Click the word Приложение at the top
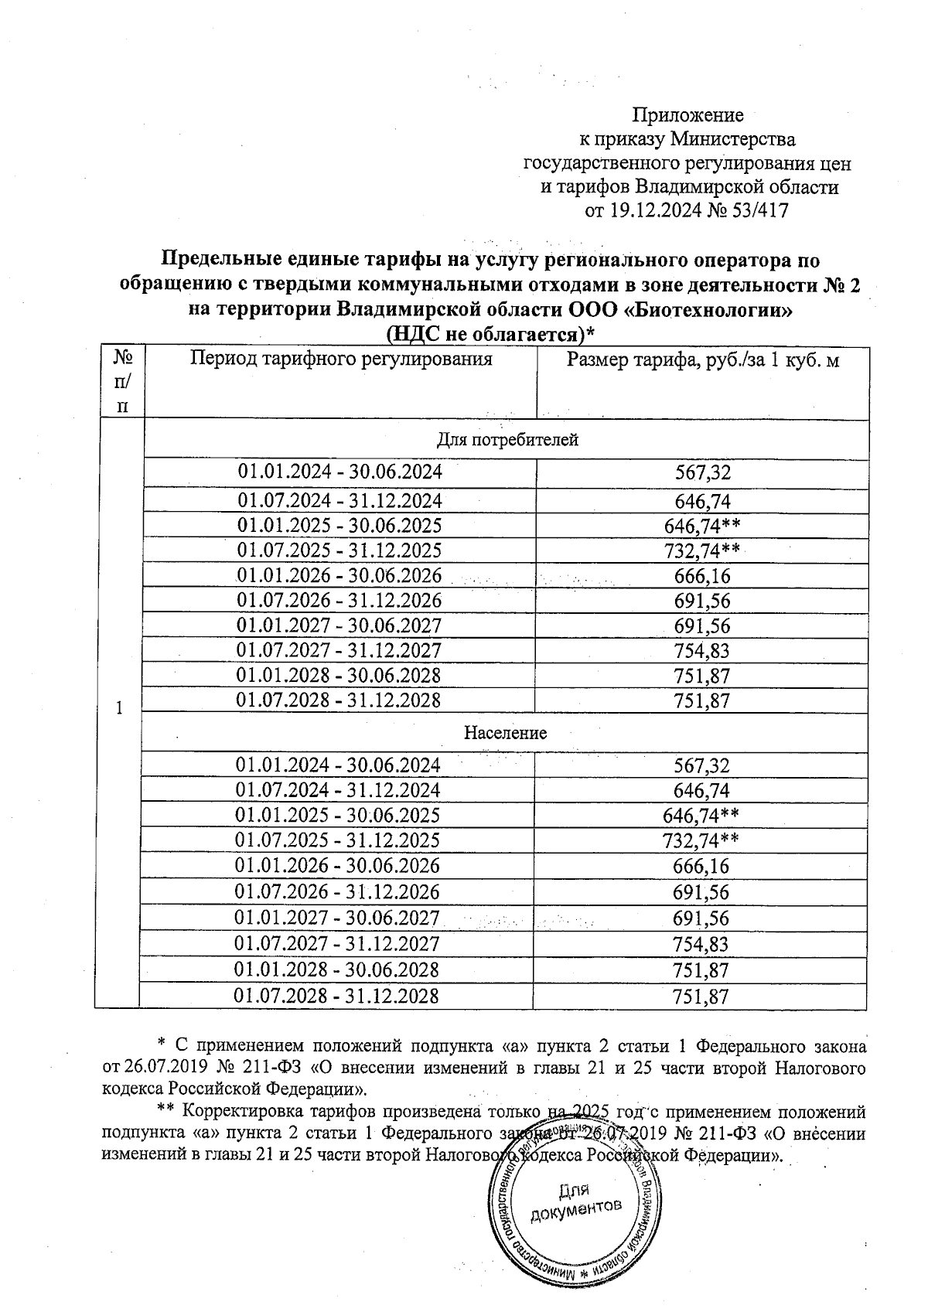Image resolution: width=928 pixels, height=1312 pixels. point(687,115)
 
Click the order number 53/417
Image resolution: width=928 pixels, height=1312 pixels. point(761,210)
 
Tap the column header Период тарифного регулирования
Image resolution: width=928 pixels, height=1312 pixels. point(341,359)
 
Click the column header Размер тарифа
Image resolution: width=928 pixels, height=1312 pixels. point(703,360)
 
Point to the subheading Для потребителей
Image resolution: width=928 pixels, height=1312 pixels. point(507,440)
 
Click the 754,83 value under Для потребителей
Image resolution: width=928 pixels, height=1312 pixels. point(701,651)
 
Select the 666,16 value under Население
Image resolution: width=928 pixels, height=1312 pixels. point(701,866)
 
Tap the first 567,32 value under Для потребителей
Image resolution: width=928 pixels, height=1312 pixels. point(702,472)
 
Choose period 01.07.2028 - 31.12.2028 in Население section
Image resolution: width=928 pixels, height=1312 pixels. point(337,995)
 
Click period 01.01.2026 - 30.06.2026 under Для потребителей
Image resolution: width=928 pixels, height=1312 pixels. point(339,576)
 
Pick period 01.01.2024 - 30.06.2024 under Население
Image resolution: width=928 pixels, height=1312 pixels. point(338,765)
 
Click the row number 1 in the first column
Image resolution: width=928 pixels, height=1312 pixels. point(118,707)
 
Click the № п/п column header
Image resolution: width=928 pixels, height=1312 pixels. point(121,381)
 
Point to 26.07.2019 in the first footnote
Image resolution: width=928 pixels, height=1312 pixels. point(169,1068)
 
